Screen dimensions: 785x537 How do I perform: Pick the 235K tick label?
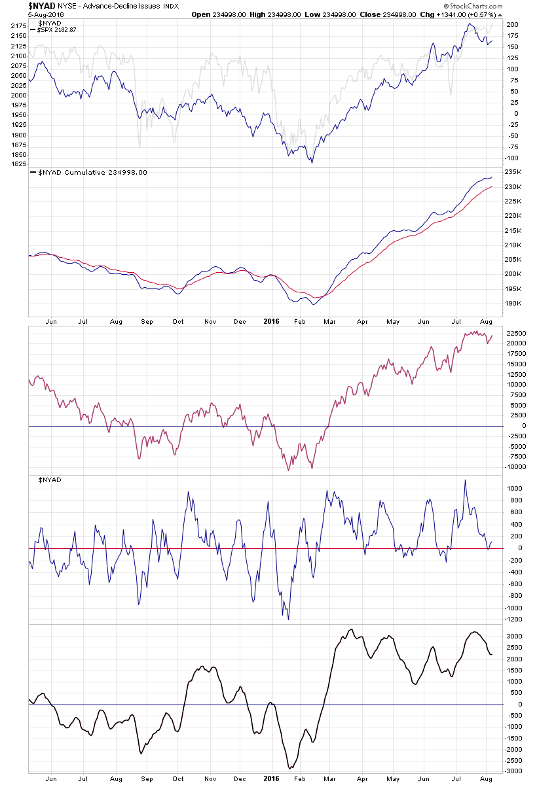pos(513,172)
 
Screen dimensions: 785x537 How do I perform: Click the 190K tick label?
pos(513,304)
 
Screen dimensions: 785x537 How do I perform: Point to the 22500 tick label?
pos(516,333)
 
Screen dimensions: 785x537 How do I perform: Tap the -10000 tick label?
pos(516,467)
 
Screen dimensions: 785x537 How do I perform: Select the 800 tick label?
pos(511,500)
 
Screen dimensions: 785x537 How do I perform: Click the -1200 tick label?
pos(514,619)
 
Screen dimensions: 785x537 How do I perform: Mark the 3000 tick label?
pos(513,637)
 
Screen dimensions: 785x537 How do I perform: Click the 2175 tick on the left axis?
pos(18,26)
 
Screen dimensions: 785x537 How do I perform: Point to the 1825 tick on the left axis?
pos(18,164)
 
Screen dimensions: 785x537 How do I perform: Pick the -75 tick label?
pos(513,147)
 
